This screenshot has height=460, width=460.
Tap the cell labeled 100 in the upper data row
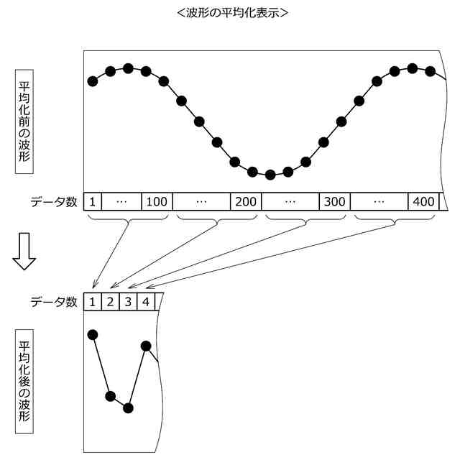click(x=156, y=201)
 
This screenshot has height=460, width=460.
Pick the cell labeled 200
click(x=246, y=201)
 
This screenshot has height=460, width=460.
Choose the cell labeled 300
click(x=334, y=201)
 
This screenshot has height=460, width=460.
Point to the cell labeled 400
click(x=423, y=201)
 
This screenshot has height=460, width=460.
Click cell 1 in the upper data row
click(x=93, y=201)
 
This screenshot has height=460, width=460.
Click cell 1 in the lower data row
click(x=93, y=301)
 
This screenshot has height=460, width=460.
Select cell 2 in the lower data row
click(x=110, y=301)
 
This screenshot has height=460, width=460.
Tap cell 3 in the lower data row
click(x=128, y=301)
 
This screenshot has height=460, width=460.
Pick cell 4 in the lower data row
click(x=145, y=301)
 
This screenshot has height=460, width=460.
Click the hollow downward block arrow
click(x=24, y=252)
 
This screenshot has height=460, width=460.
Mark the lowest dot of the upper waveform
click(x=270, y=175)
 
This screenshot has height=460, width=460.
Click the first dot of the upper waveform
click(x=93, y=81)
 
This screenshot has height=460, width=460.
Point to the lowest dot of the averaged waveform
click(x=128, y=408)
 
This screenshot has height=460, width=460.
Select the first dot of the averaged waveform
click(x=93, y=335)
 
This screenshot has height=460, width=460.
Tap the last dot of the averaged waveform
click(x=146, y=346)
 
